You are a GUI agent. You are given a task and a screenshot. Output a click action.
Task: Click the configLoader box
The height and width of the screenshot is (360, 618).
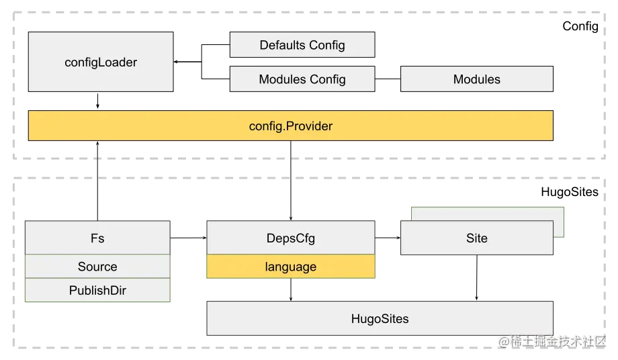click(101, 62)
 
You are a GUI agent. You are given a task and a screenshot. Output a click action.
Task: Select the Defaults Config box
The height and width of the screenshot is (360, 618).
click(302, 46)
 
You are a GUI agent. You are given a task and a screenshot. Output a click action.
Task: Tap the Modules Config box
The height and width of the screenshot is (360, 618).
click(302, 79)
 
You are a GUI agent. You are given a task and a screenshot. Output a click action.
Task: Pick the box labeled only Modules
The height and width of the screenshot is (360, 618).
click(476, 79)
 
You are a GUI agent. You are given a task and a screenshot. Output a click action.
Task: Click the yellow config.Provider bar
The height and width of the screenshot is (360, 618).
click(290, 126)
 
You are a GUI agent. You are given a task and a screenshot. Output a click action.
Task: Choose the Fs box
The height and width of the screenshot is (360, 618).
click(97, 238)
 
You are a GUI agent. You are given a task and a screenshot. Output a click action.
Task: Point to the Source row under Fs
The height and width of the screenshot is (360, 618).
click(97, 267)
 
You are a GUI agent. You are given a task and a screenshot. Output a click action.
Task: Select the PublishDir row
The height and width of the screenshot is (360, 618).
click(97, 291)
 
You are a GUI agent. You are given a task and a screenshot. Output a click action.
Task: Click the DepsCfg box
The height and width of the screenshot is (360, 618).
click(290, 238)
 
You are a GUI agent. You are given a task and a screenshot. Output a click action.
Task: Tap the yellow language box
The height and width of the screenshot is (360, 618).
click(290, 267)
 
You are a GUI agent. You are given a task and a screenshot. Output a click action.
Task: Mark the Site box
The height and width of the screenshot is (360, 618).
click(476, 238)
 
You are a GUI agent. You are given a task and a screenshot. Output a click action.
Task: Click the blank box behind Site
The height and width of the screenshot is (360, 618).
click(489, 214)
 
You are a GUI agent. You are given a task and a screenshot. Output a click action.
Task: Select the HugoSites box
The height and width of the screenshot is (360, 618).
click(380, 319)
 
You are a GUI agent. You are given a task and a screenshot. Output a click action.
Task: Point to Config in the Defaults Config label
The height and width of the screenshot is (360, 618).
click(328, 46)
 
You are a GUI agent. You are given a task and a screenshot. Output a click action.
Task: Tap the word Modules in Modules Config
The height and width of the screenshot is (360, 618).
click(283, 79)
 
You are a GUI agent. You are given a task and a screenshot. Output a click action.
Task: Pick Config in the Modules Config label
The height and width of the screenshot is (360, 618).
click(328, 79)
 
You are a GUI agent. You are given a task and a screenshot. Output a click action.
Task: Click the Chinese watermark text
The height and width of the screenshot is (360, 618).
click(558, 341)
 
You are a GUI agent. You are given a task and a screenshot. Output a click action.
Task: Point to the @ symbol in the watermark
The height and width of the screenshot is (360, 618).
click(503, 341)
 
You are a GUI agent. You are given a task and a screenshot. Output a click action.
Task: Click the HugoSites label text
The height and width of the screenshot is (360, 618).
click(380, 319)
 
